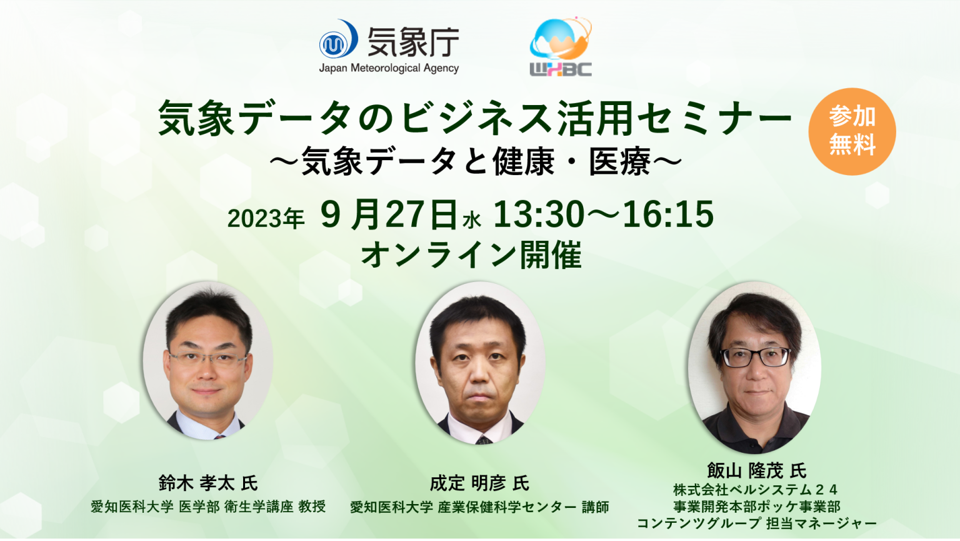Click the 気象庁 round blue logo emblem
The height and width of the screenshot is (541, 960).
point(337,41)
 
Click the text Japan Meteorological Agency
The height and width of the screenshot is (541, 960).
point(389,68)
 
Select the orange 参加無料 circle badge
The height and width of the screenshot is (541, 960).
point(852,131)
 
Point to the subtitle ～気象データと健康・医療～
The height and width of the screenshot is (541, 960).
point(475,162)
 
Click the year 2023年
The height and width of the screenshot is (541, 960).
point(266,218)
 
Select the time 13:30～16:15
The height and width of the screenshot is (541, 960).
point(603,215)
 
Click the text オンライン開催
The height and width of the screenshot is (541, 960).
point(471,255)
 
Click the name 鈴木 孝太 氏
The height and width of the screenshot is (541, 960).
point(208,483)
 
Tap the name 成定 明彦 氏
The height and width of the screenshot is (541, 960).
point(479,483)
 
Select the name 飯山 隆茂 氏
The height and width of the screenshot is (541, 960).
point(756,470)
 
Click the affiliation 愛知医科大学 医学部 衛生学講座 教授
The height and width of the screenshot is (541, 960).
point(208,507)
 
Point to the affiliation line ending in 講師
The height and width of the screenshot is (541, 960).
point(479,507)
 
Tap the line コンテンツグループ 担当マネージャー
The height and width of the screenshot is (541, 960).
point(756,523)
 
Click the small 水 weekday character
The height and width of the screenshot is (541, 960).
point(472,220)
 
